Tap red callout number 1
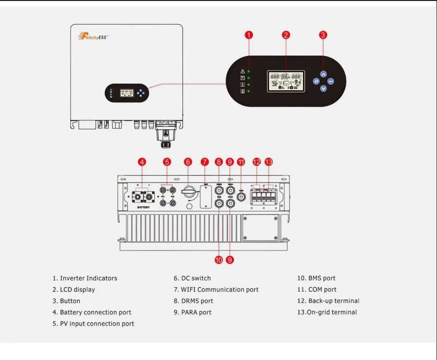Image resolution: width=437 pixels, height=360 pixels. coord(249,35)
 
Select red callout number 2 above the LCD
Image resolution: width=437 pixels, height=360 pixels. coord(286,35)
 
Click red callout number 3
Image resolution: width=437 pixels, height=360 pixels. coord(323,35)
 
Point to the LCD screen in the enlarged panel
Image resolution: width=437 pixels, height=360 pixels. coord(286,81)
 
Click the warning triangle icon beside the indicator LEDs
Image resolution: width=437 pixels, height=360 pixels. coord(242,71)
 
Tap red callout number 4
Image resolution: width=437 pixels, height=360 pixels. coord(142,161)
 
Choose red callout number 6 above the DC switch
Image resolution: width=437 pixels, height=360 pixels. coord(188,161)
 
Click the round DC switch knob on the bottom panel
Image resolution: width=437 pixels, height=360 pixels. coord(188,193)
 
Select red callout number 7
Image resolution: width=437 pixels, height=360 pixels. coord(205,161)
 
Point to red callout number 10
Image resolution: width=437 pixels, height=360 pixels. coord(219,260)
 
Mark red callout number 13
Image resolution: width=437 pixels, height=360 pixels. coord(268,161)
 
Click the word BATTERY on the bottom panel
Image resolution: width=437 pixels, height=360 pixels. coord(143,207)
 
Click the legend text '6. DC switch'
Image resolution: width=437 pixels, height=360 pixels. coord(193,278)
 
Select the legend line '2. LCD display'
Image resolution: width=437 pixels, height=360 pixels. coord(74,290)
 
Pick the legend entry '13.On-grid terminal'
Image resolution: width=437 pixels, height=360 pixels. coord(327,312)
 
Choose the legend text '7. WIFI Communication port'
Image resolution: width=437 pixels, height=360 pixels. coord(216,290)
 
